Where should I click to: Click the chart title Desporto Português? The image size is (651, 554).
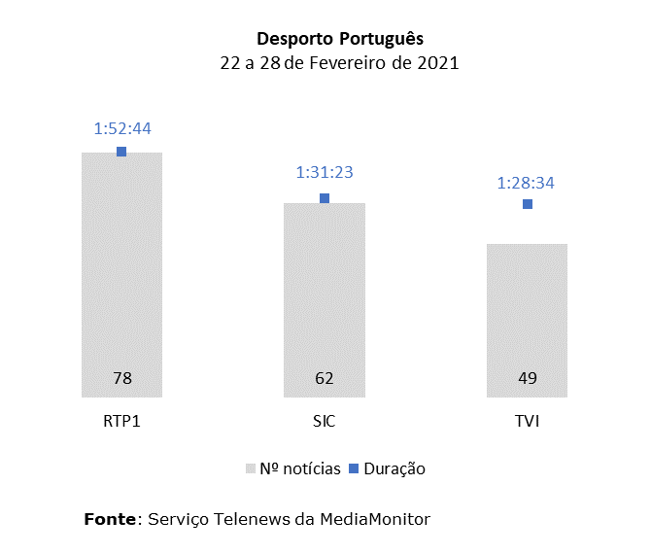tap(339, 39)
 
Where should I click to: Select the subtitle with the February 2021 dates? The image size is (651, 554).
tap(339, 63)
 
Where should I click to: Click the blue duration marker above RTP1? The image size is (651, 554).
tap(121, 152)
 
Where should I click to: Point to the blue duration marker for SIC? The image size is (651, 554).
tap(325, 198)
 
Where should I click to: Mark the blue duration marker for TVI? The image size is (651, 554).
tap(527, 204)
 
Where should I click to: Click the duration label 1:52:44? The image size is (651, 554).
tap(122, 128)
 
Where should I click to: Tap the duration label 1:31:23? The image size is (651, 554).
tap(325, 173)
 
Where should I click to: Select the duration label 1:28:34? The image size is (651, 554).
tap(526, 183)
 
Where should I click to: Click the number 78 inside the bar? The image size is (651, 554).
tap(122, 378)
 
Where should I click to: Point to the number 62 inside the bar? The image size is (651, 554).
tap(325, 378)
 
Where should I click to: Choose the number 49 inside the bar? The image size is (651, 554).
tap(527, 378)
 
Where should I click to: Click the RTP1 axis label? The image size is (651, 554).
tap(122, 421)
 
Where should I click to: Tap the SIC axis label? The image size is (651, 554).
tap(325, 421)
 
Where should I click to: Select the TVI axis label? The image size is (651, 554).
tap(527, 421)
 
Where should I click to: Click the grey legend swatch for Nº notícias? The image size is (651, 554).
tap(251, 468)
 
